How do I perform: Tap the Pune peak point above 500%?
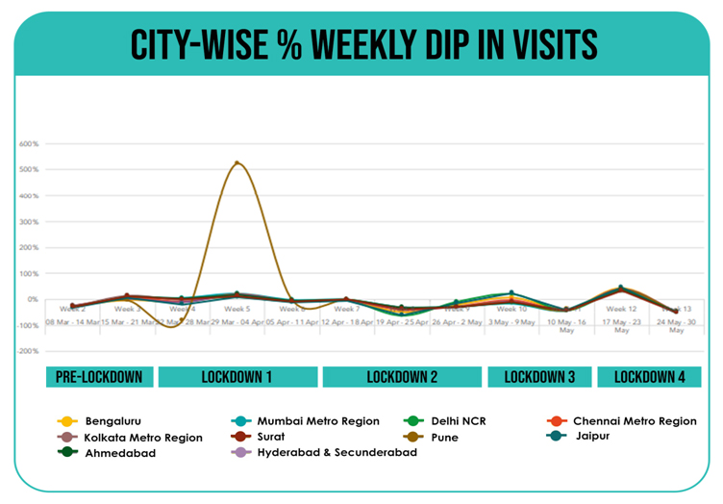tap(237, 164)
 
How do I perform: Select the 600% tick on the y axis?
tap(28, 144)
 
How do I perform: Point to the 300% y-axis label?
tap(28, 222)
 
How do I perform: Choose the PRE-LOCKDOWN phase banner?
tap(99, 377)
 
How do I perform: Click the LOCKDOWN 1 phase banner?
tap(237, 377)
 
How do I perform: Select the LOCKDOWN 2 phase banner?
tap(402, 377)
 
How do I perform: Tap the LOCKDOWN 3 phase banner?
tap(539, 377)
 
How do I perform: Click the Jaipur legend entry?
tap(590, 437)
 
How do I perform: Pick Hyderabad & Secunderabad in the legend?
tap(337, 452)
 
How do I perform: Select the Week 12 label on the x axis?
tap(621, 309)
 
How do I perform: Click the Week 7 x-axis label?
tap(346, 309)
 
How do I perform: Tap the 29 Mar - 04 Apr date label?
tap(237, 322)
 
